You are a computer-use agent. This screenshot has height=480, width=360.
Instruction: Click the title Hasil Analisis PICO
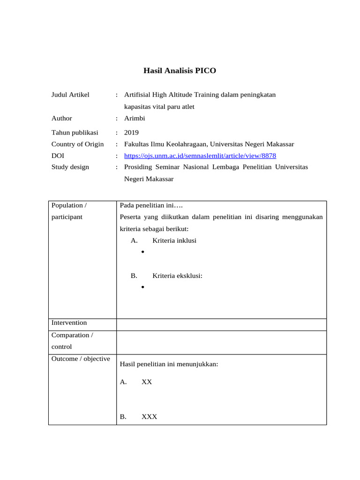(x=180, y=71)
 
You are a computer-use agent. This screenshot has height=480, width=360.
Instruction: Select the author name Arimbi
(x=135, y=119)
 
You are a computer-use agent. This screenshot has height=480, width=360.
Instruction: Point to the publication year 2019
(x=131, y=133)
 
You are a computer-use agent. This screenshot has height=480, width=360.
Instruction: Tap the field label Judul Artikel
(x=70, y=95)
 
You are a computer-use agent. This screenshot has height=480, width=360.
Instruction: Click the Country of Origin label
(x=77, y=144)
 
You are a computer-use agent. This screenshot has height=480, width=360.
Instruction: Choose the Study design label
(x=70, y=167)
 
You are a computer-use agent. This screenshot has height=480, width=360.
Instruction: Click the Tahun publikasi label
(x=75, y=133)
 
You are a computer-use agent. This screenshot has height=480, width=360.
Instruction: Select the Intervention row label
(x=69, y=322)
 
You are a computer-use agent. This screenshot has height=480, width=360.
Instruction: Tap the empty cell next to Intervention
(x=221, y=324)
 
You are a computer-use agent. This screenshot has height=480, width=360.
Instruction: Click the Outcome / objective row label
(x=81, y=359)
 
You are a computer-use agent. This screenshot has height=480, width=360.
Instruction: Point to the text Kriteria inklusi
(x=174, y=240)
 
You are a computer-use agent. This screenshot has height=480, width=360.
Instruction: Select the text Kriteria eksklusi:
(x=177, y=276)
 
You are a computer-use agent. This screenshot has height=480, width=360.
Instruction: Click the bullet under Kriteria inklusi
(x=142, y=253)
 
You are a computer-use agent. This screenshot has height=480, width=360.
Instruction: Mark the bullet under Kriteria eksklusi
(x=142, y=287)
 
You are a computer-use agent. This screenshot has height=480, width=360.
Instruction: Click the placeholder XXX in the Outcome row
(x=149, y=417)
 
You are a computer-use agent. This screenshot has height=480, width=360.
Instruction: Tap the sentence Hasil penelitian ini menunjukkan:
(x=169, y=364)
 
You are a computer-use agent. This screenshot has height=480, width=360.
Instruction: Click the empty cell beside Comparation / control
(x=221, y=342)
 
